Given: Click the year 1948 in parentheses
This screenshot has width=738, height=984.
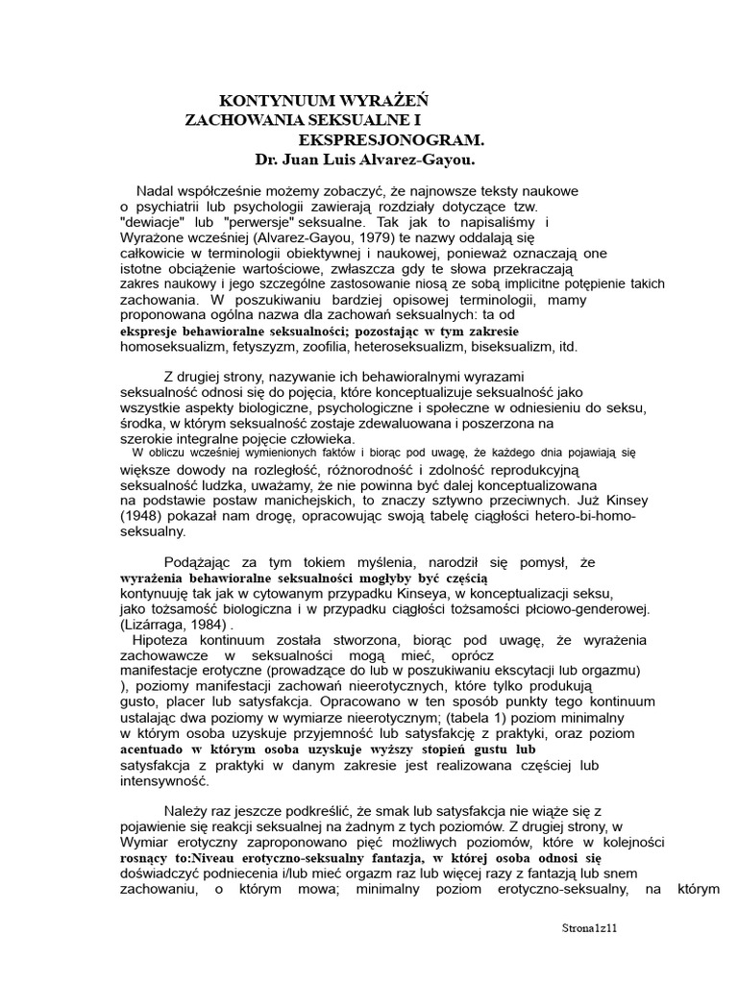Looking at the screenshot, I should (140, 515).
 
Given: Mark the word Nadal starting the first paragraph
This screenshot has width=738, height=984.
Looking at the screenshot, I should (157, 190).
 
